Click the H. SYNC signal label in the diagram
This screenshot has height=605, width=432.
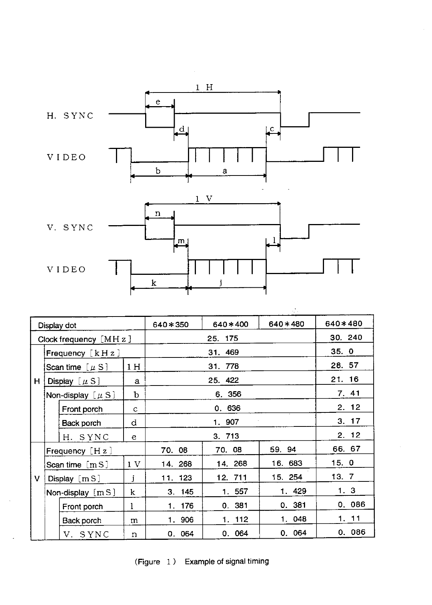pos(70,116)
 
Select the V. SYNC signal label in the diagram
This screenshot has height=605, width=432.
pos(70,228)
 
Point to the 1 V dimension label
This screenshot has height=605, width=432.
pos(204,199)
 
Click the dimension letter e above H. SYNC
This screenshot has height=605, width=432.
pos(158,102)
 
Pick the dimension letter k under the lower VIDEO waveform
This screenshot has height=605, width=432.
pos(153,283)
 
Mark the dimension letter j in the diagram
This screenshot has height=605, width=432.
pos(221,282)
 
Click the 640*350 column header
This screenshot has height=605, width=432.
pos(171,324)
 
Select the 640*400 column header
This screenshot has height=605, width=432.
pos(230,324)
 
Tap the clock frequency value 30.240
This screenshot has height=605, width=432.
pos(346,337)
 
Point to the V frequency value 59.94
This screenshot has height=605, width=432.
pos(283,450)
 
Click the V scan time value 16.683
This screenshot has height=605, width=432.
pos(287,464)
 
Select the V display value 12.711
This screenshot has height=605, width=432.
pos(232,478)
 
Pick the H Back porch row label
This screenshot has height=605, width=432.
pos(81,423)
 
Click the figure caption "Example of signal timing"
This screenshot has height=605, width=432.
pos(227,561)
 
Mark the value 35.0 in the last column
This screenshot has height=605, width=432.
pos(342,351)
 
